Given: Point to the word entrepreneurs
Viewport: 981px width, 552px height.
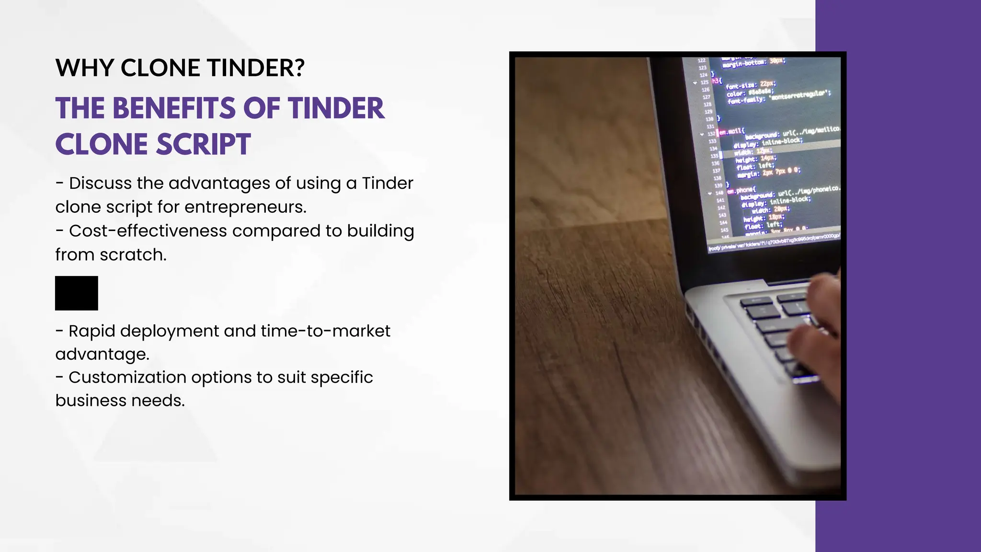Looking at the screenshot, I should [245, 207].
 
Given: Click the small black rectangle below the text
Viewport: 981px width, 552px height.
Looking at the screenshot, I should [77, 293].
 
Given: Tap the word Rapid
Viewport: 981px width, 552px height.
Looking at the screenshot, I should [91, 331].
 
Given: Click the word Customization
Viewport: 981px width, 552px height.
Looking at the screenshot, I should [127, 378].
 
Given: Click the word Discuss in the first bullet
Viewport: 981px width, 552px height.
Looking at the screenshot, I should [100, 183].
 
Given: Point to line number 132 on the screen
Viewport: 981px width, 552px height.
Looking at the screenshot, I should [711, 134].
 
